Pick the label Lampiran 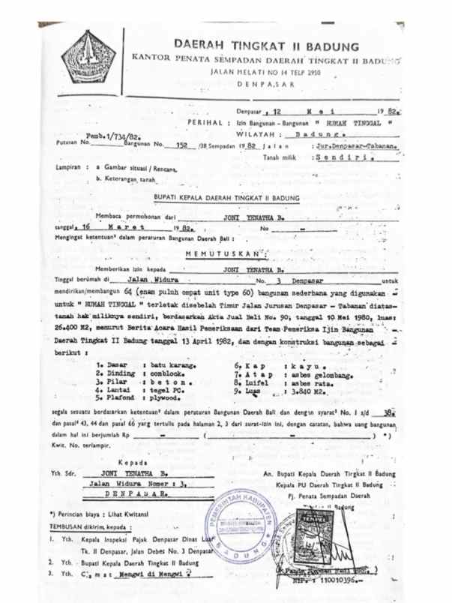click(x=71, y=168)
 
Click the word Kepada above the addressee click(x=132, y=462)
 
